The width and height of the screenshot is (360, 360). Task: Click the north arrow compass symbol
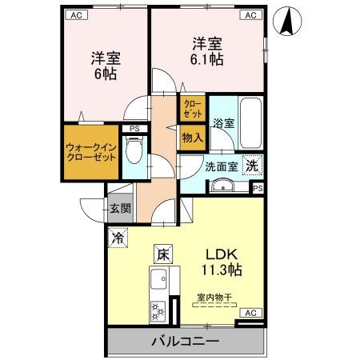[x=285, y=22]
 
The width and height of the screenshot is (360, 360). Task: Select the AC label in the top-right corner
[x=250, y=14]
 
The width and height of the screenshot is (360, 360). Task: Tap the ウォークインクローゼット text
[x=91, y=152]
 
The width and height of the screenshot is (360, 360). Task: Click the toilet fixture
[x=134, y=149]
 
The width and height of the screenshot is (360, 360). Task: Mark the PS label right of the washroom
[x=257, y=189]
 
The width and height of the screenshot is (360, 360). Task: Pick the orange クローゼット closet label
[x=194, y=107]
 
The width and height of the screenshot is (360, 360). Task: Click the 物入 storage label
[x=193, y=138]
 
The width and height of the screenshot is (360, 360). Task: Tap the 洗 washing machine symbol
[x=251, y=166]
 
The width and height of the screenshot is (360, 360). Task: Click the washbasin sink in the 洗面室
[x=222, y=188]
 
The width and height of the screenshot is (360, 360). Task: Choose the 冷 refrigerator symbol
[x=118, y=238]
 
